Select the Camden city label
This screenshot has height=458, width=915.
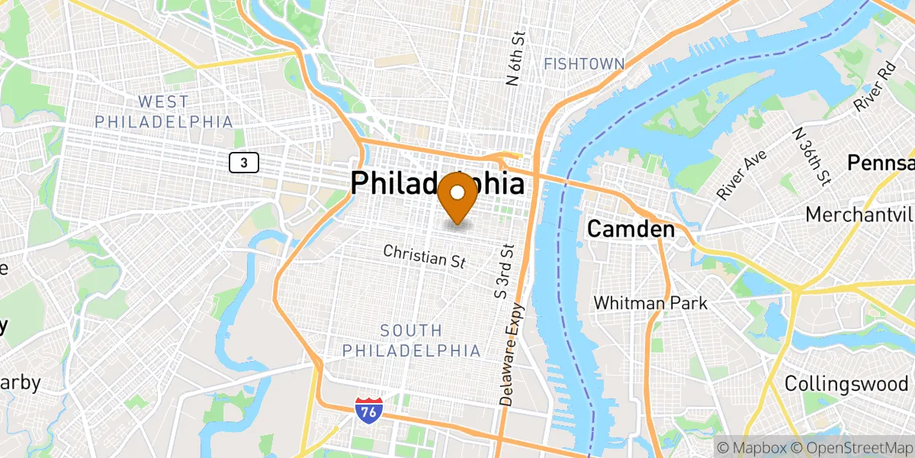tap(631, 229)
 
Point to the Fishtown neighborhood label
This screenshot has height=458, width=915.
tap(583, 64)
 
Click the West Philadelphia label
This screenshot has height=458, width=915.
tap(163, 111)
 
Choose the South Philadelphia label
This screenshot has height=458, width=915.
tap(412, 340)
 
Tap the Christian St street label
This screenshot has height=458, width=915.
tap(424, 256)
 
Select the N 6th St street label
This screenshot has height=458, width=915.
tap(516, 58)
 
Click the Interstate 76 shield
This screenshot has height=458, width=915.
tap(368, 411)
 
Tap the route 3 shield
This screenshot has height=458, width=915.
tap(244, 162)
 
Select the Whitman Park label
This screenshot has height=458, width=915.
tap(650, 303)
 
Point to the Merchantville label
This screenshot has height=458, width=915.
tap(860, 214)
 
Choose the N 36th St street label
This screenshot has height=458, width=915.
tap(811, 157)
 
